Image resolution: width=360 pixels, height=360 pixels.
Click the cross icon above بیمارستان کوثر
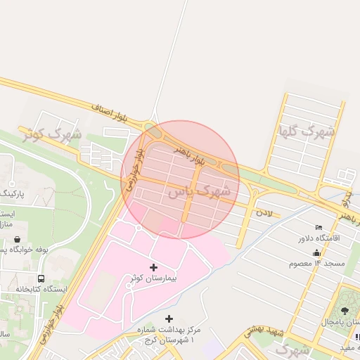tap(154, 267)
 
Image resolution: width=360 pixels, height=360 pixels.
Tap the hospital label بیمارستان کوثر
tap(153, 278)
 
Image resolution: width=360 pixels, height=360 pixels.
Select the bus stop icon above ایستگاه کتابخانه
tap(41, 279)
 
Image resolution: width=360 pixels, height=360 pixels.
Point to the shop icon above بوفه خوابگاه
tap(16, 240)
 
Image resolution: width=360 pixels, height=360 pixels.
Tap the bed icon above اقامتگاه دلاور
tap(319, 227)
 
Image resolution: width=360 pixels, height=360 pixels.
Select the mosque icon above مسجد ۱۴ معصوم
tap(316, 252)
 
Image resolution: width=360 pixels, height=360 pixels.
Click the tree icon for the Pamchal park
tap(345, 311)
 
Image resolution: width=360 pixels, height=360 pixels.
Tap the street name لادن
tap(263, 210)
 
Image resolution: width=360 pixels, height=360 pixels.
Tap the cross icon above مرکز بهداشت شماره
tap(168, 319)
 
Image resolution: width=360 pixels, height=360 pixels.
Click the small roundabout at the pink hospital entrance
tap(139, 226)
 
